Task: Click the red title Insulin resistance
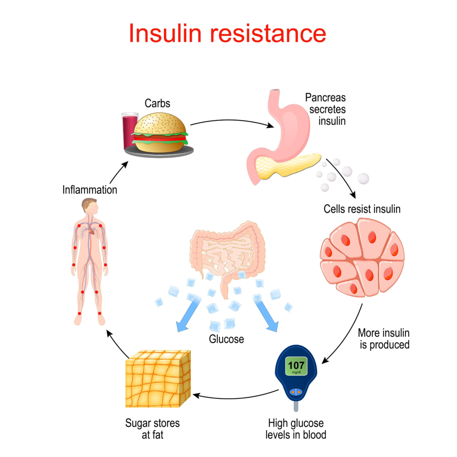[x=227, y=33]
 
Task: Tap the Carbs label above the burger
[x=157, y=104]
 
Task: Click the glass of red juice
[x=130, y=129]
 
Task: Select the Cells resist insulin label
[x=362, y=209]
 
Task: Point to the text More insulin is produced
[x=383, y=339]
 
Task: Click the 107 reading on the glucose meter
[x=296, y=365]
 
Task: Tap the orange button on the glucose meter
[x=296, y=392]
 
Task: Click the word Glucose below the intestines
[x=227, y=339]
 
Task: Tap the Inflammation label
[x=90, y=190]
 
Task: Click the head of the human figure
[x=90, y=206]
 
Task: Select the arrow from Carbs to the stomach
[x=232, y=121]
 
